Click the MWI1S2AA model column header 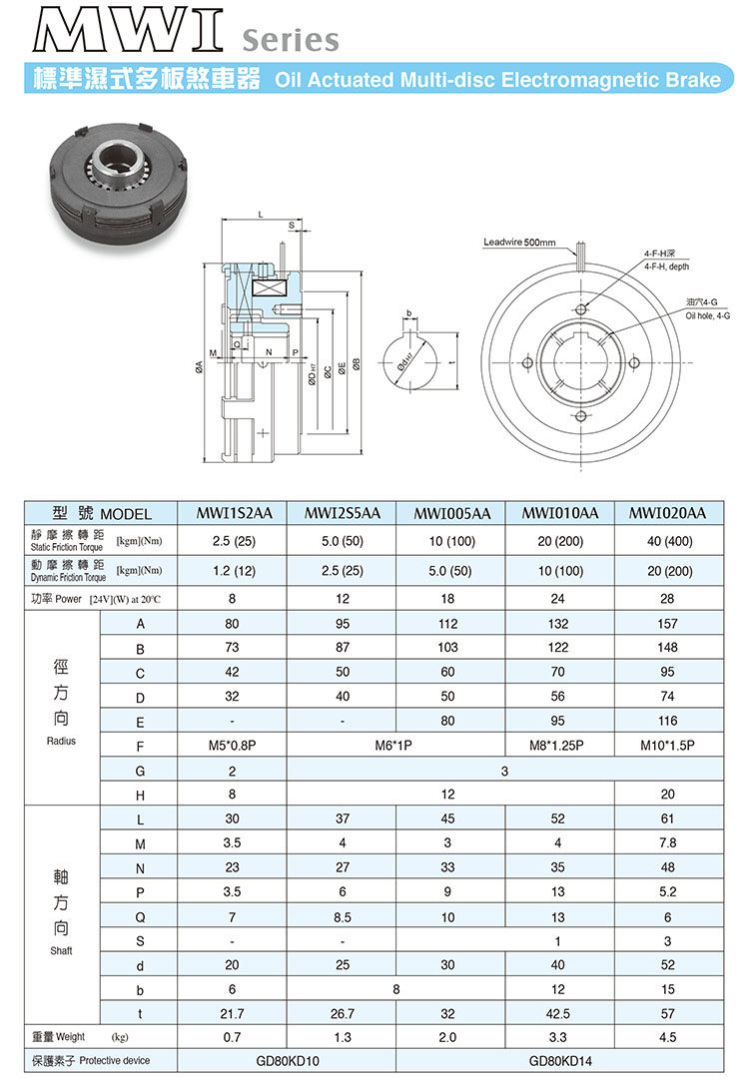[234, 513]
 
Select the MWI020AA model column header [667, 513]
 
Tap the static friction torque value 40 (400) [667, 541]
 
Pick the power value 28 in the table [667, 599]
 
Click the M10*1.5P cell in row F [667, 745]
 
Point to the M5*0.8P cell [234, 745]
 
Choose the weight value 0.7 [234, 1035]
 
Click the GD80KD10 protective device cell [288, 1060]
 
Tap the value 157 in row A [667, 624]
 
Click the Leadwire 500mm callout [519, 243]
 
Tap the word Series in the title [290, 41]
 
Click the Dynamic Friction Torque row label [66, 572]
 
